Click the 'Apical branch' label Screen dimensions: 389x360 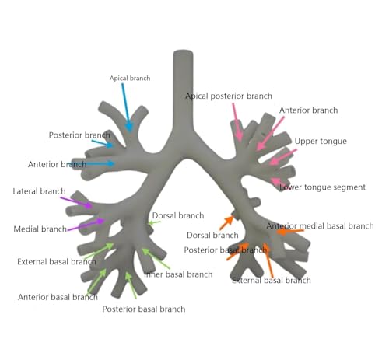click(130, 79)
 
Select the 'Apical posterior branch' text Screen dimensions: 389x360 click(229, 96)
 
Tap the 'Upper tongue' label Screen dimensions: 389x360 click(321, 142)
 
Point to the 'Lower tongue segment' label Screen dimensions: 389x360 click(322, 187)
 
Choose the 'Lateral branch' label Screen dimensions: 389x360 click(39, 191)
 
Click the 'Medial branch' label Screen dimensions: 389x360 click(40, 229)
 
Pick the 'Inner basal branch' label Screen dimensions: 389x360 click(178, 274)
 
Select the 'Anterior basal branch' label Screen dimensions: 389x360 click(58, 297)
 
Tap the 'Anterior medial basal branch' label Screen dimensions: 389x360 click(320, 226)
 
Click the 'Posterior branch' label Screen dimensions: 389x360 click(79, 135)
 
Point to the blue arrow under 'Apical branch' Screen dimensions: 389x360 click(126, 107)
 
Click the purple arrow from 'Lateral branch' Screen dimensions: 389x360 click(76, 203)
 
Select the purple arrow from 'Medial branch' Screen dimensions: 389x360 click(86, 225)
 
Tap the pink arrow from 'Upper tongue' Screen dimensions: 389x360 click(282, 157)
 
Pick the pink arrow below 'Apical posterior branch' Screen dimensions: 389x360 click(237, 121)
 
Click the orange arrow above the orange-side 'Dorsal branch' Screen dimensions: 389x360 click(226, 223)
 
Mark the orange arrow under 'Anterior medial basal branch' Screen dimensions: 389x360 click(290, 231)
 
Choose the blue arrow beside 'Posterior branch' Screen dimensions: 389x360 click(103, 143)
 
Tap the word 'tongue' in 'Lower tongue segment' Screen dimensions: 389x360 click(315, 187)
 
